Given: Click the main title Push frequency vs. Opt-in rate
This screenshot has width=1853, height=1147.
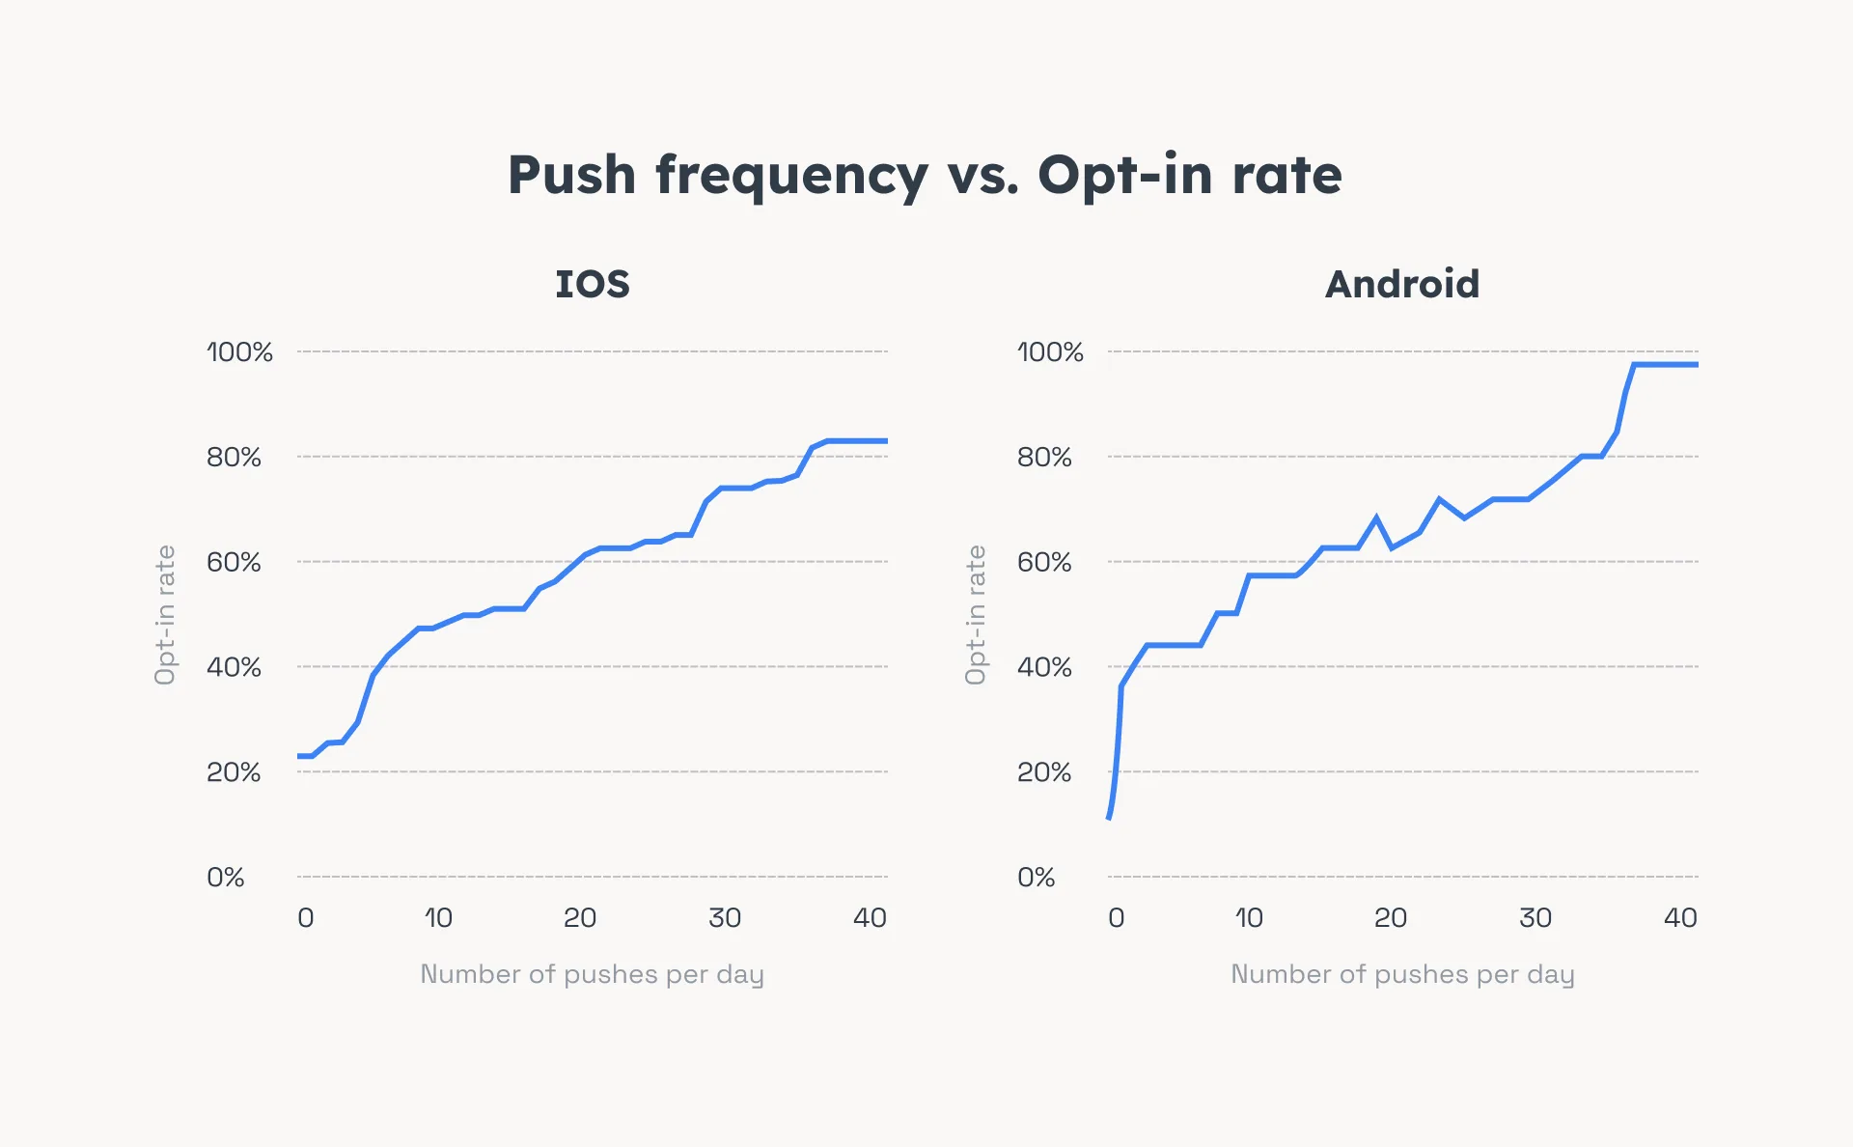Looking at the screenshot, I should point(925,176).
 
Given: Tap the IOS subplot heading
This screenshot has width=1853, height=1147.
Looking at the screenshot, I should point(592,284).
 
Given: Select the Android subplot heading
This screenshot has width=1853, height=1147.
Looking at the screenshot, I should point(1401,284).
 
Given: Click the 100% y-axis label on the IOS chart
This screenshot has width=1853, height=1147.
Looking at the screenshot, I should point(239,352).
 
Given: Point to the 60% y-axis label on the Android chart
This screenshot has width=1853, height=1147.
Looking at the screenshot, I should point(1044,562).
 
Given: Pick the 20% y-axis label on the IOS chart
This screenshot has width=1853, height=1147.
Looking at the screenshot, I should point(234,772).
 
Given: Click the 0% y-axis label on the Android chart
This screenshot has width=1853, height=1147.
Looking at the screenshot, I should point(1036,878).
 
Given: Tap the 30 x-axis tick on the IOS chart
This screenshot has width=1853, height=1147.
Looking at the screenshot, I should point(724,918).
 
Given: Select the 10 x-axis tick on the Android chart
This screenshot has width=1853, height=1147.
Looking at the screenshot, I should point(1248,918).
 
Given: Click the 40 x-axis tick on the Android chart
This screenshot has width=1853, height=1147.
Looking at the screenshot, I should point(1679,918).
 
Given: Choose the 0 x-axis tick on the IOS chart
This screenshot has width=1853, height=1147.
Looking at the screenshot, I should point(305,918).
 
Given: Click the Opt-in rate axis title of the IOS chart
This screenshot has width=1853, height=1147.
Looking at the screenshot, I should point(165,615).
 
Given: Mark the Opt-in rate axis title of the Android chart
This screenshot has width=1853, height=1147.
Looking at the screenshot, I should point(976,615).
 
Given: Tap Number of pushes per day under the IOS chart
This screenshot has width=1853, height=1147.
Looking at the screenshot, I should point(592,974).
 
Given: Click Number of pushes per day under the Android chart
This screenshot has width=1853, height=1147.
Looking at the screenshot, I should point(1401,974).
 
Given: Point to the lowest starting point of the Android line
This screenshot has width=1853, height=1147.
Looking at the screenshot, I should point(1110,817).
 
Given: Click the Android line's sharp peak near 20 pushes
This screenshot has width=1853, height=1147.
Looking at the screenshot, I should point(1376,518).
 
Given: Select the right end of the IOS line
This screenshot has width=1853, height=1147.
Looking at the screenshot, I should point(885,441).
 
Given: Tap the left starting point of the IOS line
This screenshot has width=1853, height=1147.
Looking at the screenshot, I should point(300,756).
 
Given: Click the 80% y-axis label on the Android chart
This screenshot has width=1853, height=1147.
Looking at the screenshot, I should point(1044,458).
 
